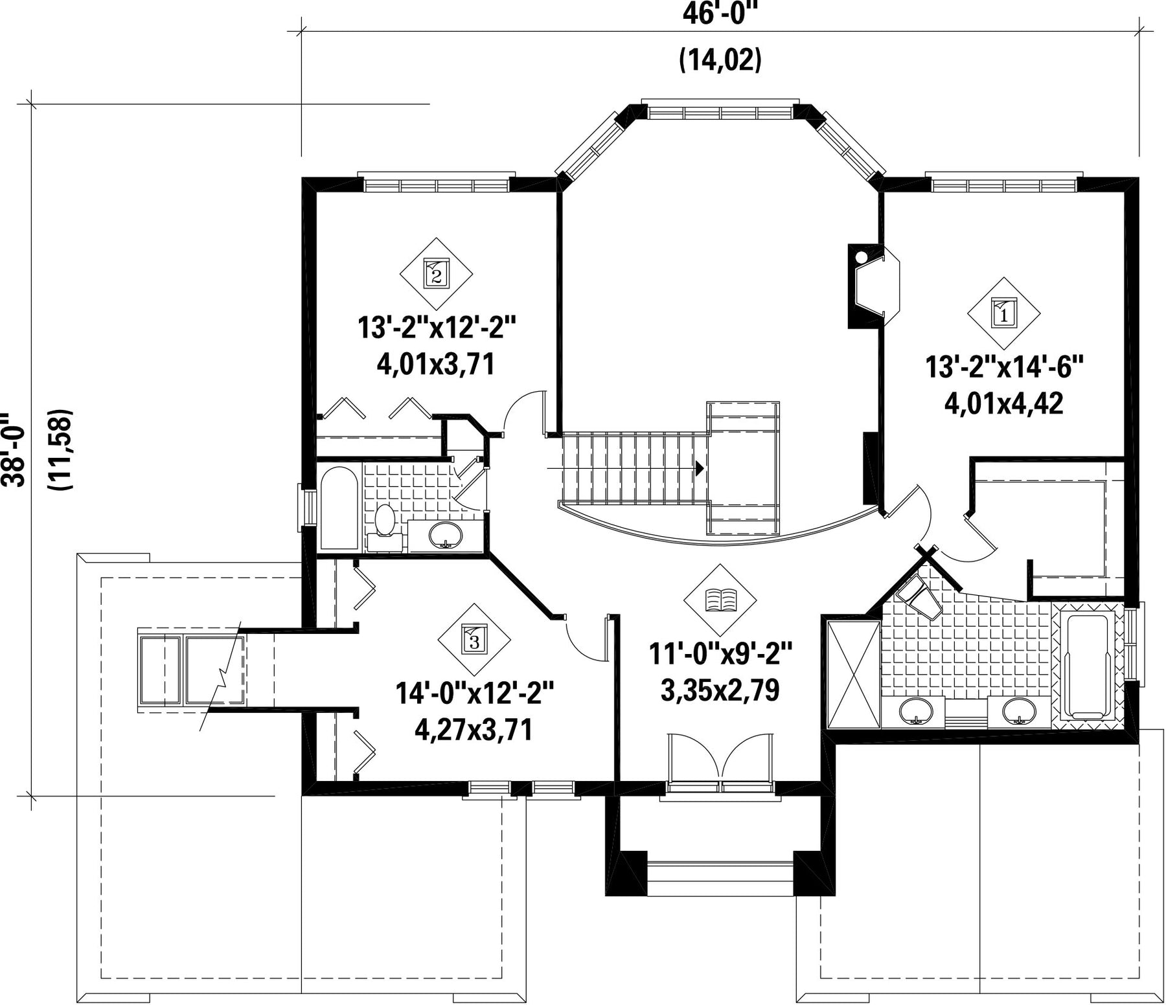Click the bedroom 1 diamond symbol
pos(1003,313)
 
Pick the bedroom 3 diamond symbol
pos(474,640)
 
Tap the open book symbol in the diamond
pos(720,600)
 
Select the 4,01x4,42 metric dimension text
pos(1004,404)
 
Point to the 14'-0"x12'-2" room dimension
pos(475,694)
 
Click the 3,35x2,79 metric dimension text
pos(720,690)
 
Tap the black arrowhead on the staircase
pos(700,468)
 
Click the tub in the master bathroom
pos(1088,667)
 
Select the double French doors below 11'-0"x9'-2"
pos(720,763)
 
